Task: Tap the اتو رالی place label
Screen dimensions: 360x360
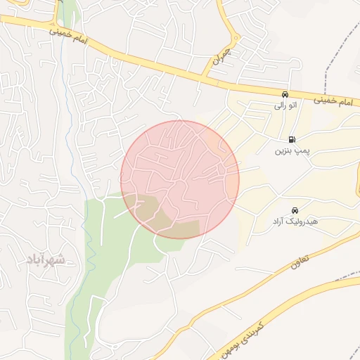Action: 285,106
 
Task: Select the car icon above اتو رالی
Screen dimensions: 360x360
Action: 284,94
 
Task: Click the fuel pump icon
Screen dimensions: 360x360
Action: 292,139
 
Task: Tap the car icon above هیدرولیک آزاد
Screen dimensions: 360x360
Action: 295,210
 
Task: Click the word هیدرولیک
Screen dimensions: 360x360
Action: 304,221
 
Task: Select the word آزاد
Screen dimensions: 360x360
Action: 280,221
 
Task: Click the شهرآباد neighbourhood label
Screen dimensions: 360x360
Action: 46,259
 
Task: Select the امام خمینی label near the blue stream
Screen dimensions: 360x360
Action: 70,35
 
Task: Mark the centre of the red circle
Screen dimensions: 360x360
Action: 180,179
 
